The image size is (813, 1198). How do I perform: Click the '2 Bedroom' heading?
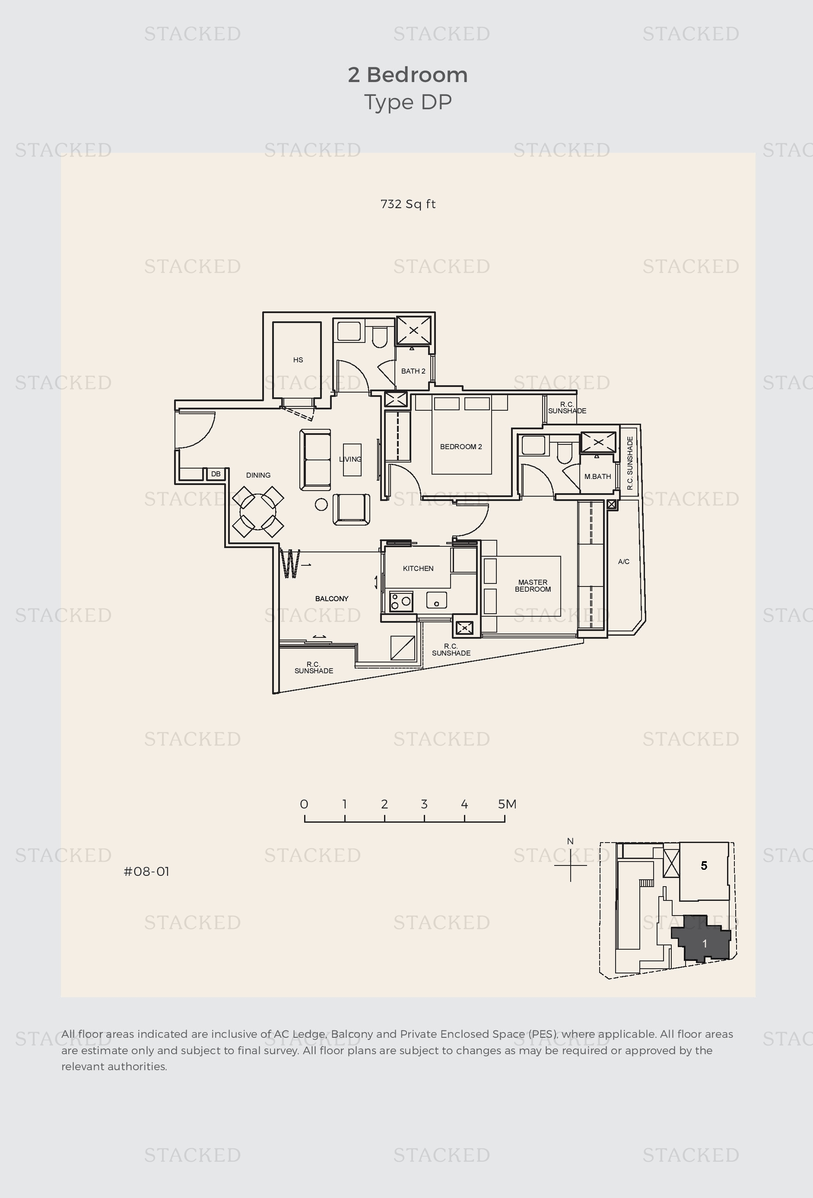tap(408, 75)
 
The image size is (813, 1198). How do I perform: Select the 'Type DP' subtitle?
tap(408, 102)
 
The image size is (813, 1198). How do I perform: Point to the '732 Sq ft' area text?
tap(408, 204)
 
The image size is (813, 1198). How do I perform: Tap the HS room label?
tap(298, 360)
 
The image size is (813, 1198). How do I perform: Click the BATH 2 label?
tap(413, 371)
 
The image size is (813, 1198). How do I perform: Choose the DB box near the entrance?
tap(216, 474)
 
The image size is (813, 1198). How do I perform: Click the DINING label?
tap(258, 475)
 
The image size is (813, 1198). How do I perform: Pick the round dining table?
tap(258, 512)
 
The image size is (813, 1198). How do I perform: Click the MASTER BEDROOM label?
tap(533, 586)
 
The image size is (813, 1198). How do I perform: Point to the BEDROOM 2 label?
tap(461, 447)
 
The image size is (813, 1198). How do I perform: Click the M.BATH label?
tap(597, 476)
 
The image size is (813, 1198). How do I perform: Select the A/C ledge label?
tap(624, 561)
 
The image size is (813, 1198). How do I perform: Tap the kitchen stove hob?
tap(401, 601)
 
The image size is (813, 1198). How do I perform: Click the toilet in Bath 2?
tap(379, 336)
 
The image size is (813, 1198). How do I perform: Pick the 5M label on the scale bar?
tap(507, 804)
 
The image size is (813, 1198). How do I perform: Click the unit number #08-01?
tap(146, 872)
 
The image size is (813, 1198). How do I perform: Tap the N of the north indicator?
tap(570, 841)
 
